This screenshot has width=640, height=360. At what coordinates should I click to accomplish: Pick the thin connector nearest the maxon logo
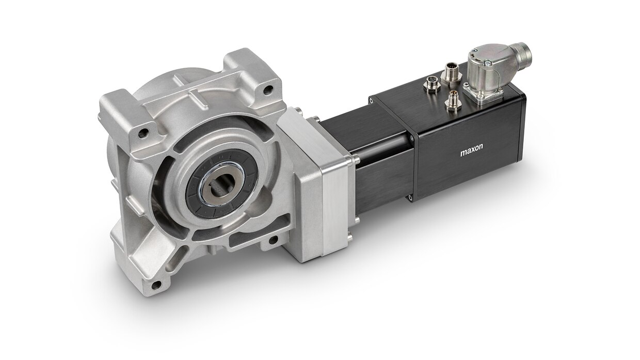click(453, 101)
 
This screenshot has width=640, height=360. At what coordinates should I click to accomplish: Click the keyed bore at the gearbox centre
click(220, 189)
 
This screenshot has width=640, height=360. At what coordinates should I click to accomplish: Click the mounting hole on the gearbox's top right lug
click(267, 90)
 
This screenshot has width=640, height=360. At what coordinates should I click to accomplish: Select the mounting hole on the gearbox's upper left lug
click(143, 133)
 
